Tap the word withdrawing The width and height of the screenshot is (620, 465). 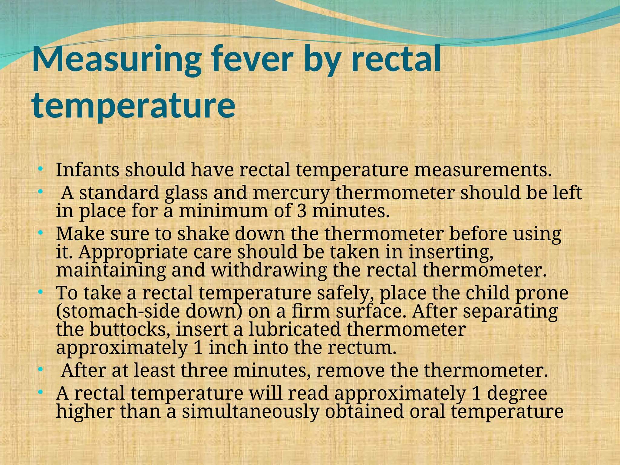click(269, 270)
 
